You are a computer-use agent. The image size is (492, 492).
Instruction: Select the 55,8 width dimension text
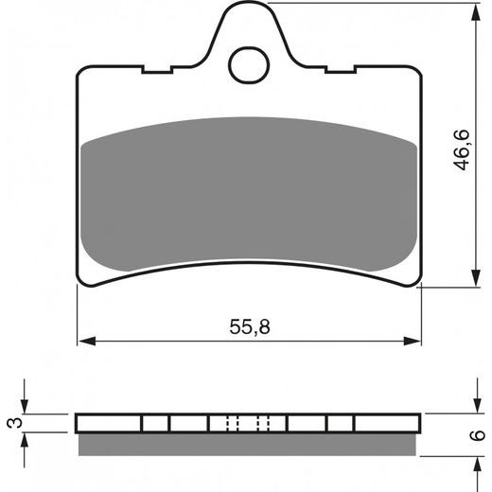(x=249, y=326)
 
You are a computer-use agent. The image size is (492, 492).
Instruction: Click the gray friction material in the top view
(x=249, y=194)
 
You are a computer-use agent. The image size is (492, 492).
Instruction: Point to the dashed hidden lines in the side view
(x=248, y=423)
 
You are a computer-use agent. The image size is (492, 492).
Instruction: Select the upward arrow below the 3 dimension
(x=27, y=440)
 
